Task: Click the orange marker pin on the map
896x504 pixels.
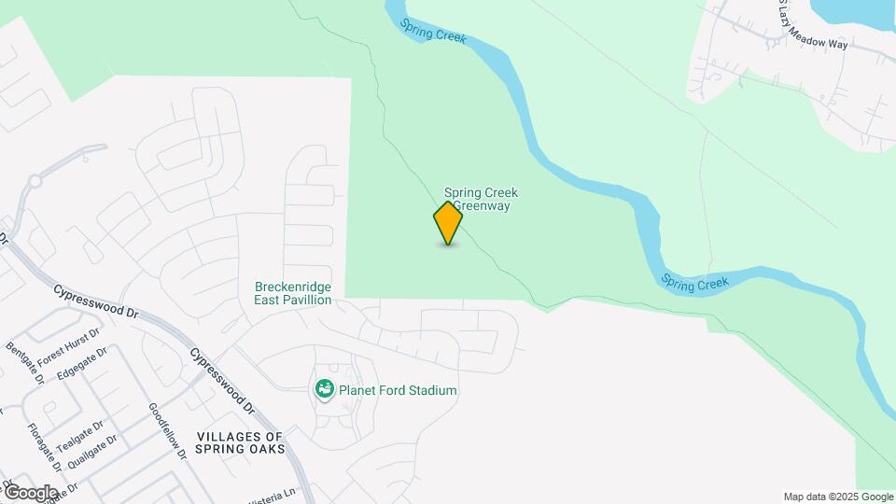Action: click(x=448, y=222)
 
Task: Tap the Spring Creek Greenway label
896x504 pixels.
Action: click(x=480, y=199)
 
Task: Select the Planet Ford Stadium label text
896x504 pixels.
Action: click(x=398, y=390)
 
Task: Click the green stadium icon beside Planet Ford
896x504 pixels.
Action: click(x=325, y=389)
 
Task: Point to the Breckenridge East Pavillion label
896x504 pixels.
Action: click(x=293, y=293)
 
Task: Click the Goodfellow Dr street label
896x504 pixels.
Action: click(x=168, y=430)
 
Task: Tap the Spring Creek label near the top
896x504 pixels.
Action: click(x=433, y=30)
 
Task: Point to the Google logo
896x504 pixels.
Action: click(x=30, y=492)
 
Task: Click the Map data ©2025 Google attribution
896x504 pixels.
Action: click(x=838, y=497)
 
